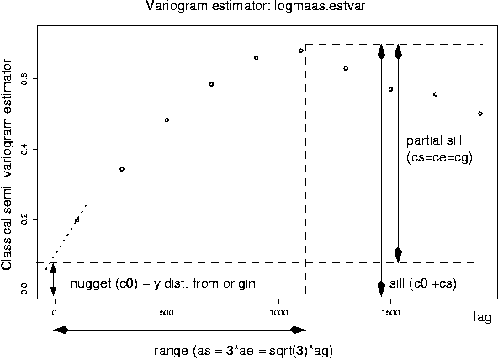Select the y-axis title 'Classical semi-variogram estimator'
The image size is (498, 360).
8,164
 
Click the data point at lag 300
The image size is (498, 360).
122,169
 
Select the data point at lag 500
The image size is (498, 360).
167,120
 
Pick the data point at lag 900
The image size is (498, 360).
256,57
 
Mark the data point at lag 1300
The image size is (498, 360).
346,68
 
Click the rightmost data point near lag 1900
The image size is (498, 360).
479,113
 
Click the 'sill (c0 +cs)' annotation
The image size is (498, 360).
422,283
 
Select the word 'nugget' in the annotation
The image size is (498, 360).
89,283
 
